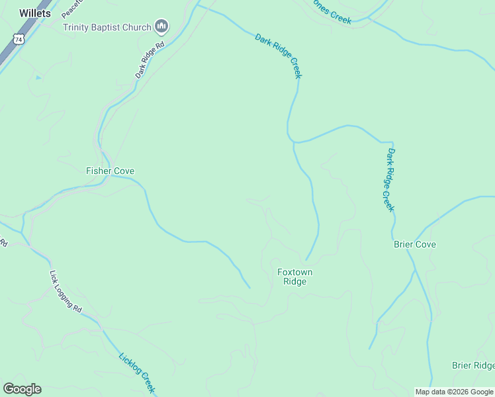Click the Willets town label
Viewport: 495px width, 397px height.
[x=35, y=13]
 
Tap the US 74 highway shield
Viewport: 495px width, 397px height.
[x=20, y=40]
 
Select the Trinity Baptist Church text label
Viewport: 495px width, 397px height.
[x=107, y=27]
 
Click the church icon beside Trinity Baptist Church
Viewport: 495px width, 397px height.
[x=161, y=26]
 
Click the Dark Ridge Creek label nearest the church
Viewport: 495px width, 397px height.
[x=279, y=56]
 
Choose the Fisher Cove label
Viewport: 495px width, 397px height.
[x=110, y=171]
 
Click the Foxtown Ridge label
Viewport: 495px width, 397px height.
[x=294, y=277]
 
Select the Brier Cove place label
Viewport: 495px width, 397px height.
[x=415, y=244]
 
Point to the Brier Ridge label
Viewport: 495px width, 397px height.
[x=472, y=365]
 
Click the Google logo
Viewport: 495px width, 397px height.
[x=22, y=389]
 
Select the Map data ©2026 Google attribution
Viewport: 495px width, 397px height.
[x=455, y=392]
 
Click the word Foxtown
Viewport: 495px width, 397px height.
[x=294, y=272]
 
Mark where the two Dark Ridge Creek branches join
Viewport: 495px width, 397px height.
[x=293, y=141]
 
